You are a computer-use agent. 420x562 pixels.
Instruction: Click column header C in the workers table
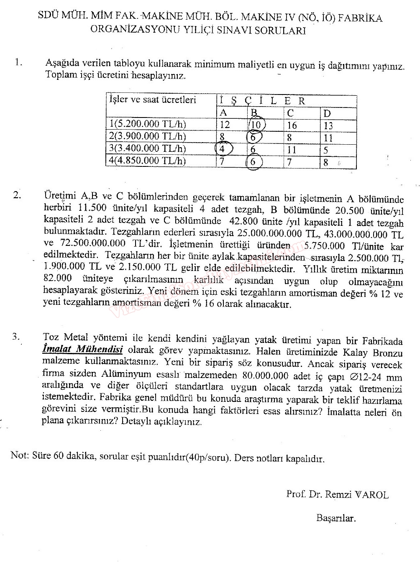[x=290, y=113]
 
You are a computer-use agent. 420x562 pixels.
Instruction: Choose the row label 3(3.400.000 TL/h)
[x=147, y=148]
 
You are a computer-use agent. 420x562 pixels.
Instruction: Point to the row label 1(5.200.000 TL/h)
[x=147, y=124]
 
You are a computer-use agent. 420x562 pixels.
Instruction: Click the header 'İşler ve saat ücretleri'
[x=153, y=100]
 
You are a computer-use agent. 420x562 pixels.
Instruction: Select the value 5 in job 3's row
[x=326, y=150]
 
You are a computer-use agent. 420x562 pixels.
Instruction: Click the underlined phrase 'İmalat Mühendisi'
[x=82, y=350]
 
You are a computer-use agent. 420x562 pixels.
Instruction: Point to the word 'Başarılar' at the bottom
[x=336, y=519]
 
